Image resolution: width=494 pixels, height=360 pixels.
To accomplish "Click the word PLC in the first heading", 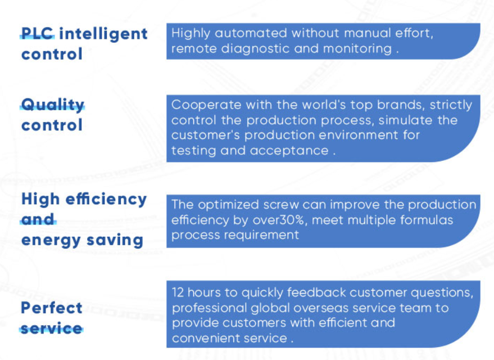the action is [38, 33].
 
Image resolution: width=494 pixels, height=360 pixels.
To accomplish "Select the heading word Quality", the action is [53, 105].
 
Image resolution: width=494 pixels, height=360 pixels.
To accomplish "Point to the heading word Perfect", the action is [52, 308].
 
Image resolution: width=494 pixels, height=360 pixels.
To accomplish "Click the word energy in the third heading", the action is [51, 241].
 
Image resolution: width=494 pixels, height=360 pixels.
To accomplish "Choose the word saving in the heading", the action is [115, 241].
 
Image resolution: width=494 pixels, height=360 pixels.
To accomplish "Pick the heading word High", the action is [40, 200].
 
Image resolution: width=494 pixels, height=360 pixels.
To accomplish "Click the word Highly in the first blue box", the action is [191, 33].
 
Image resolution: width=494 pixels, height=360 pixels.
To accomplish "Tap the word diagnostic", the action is [255, 48].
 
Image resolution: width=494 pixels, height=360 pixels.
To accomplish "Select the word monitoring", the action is [357, 49].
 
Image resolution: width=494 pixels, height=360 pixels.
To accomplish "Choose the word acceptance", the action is [289, 151].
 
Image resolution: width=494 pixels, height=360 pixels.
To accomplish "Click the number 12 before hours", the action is [178, 292].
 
